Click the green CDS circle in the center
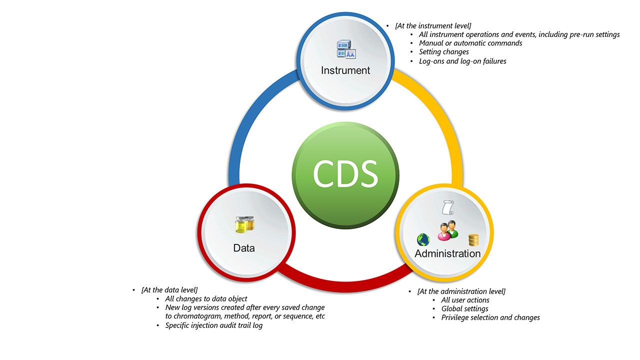pos(345,174)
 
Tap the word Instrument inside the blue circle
pos(345,70)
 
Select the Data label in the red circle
pos(244,248)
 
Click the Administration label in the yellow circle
pos(447,253)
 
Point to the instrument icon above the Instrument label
pos(345,49)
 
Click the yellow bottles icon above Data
pos(244,225)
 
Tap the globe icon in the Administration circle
pos(423,240)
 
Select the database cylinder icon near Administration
pos(473,240)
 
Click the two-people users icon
pos(448,229)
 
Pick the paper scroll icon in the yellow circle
pos(448,207)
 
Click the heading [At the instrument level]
pos(433,25)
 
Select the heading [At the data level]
pos(169,290)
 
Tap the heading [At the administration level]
pos(461,291)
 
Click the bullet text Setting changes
pos(443,52)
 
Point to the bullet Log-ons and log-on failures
pos(462,61)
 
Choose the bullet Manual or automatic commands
pos(470,43)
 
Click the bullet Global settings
pos(464,309)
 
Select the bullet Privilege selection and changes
pos(490,317)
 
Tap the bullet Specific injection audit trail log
pos(213,325)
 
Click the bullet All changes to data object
pos(206,299)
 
